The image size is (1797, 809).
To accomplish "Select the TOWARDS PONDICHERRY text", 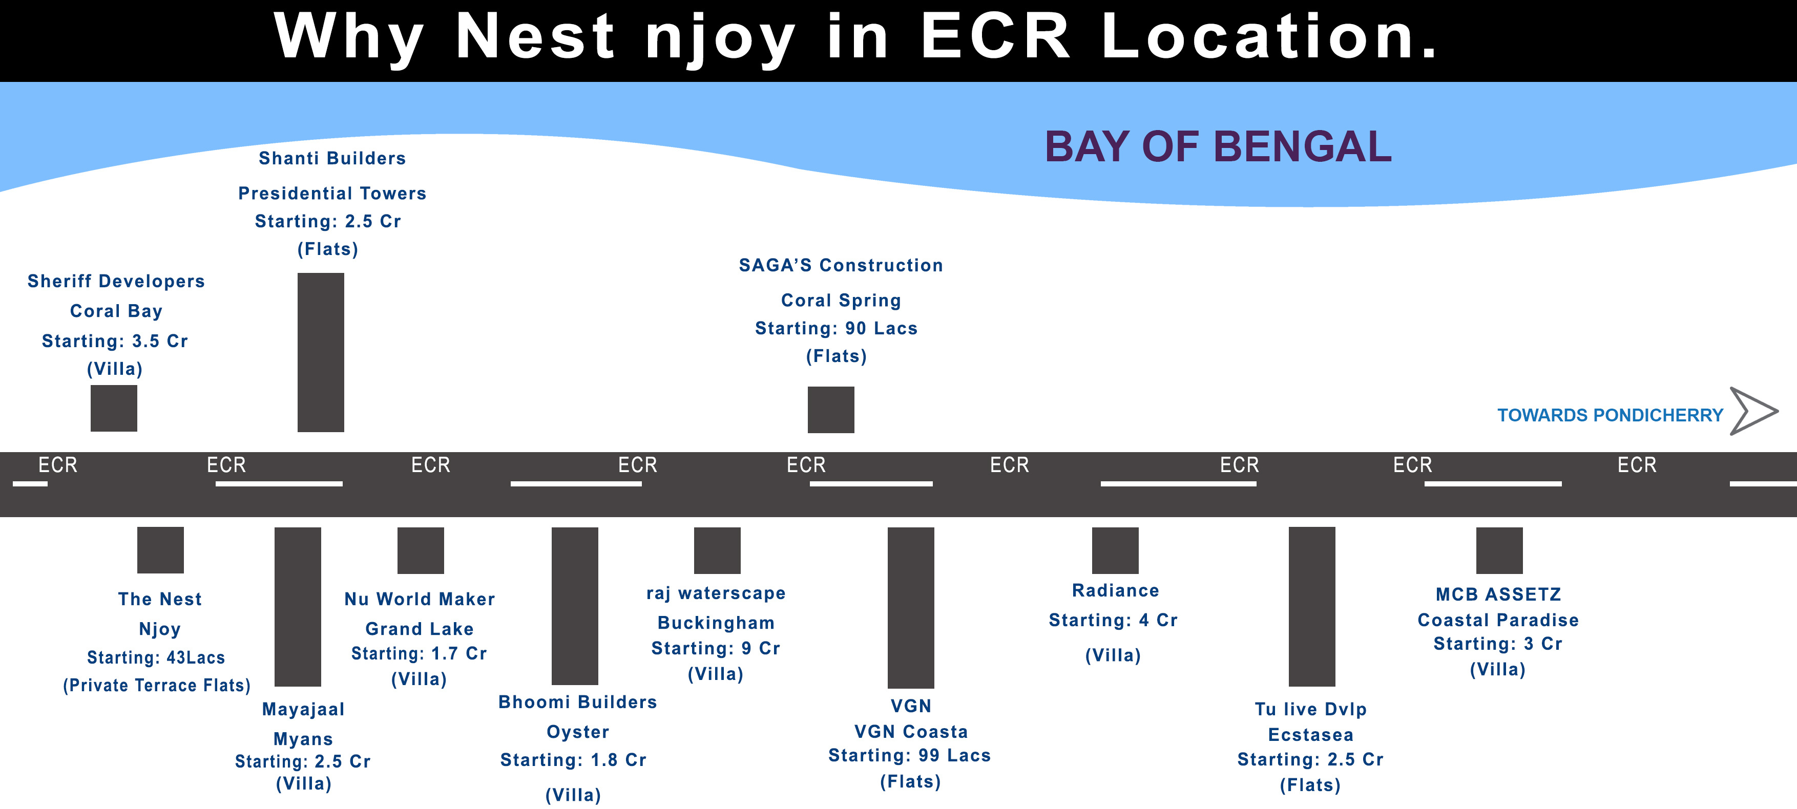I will (x=1610, y=416).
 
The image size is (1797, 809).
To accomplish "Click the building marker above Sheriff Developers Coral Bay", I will (x=114, y=408).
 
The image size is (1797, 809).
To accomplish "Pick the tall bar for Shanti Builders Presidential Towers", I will (x=320, y=352).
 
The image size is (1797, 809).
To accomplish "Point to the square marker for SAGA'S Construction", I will (x=830, y=410).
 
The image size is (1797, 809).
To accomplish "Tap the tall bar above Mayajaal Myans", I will (x=297, y=606).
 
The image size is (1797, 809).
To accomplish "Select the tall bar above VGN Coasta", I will (x=910, y=607).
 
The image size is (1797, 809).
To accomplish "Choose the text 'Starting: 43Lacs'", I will (x=156, y=657).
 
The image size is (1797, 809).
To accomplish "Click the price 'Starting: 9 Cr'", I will (x=715, y=649).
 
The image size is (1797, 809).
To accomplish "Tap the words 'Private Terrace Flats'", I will (x=156, y=686).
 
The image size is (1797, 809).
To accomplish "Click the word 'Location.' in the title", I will (x=1269, y=36).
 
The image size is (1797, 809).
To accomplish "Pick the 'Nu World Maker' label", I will (x=419, y=599).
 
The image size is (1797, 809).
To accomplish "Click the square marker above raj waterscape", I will (x=717, y=550).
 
